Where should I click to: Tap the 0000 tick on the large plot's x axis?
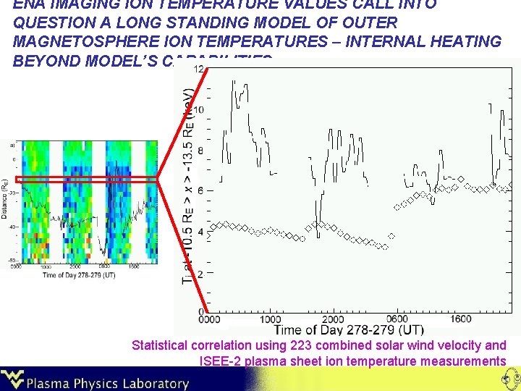tap(208, 319)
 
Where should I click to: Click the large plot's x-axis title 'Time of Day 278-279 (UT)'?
tap(349, 330)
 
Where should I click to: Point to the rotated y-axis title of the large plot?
tap(188, 188)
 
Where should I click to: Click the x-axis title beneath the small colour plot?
tap(78, 275)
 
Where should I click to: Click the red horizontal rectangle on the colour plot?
tap(87, 179)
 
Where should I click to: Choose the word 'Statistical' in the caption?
tap(160, 345)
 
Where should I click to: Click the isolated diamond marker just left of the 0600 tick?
tap(391, 235)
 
